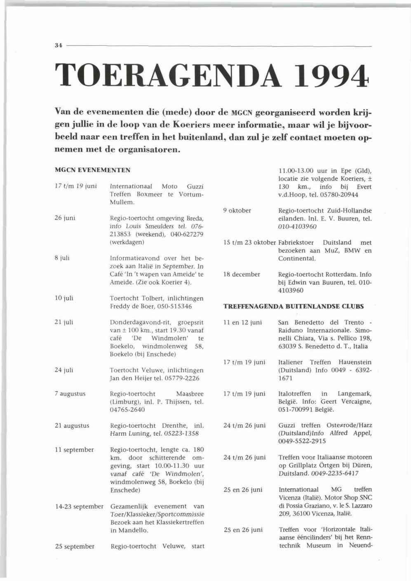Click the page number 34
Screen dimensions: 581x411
click(x=58, y=46)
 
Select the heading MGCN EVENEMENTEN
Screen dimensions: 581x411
click(x=92, y=170)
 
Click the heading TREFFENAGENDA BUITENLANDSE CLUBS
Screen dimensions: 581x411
click(x=294, y=307)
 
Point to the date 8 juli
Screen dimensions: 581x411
click(x=62, y=258)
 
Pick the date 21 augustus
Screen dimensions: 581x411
click(x=72, y=426)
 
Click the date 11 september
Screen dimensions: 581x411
click(x=74, y=450)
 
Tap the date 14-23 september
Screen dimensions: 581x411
click(x=79, y=506)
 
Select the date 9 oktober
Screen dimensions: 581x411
click(x=237, y=211)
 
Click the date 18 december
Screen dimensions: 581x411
click(x=242, y=274)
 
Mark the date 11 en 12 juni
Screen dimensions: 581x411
click(x=242, y=323)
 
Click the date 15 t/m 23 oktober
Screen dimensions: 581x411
click(x=249, y=243)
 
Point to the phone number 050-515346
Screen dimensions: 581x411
click(x=183, y=307)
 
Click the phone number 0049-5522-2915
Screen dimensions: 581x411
click(x=302, y=441)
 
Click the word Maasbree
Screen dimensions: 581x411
click(x=190, y=394)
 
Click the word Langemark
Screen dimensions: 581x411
click(x=355, y=394)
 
